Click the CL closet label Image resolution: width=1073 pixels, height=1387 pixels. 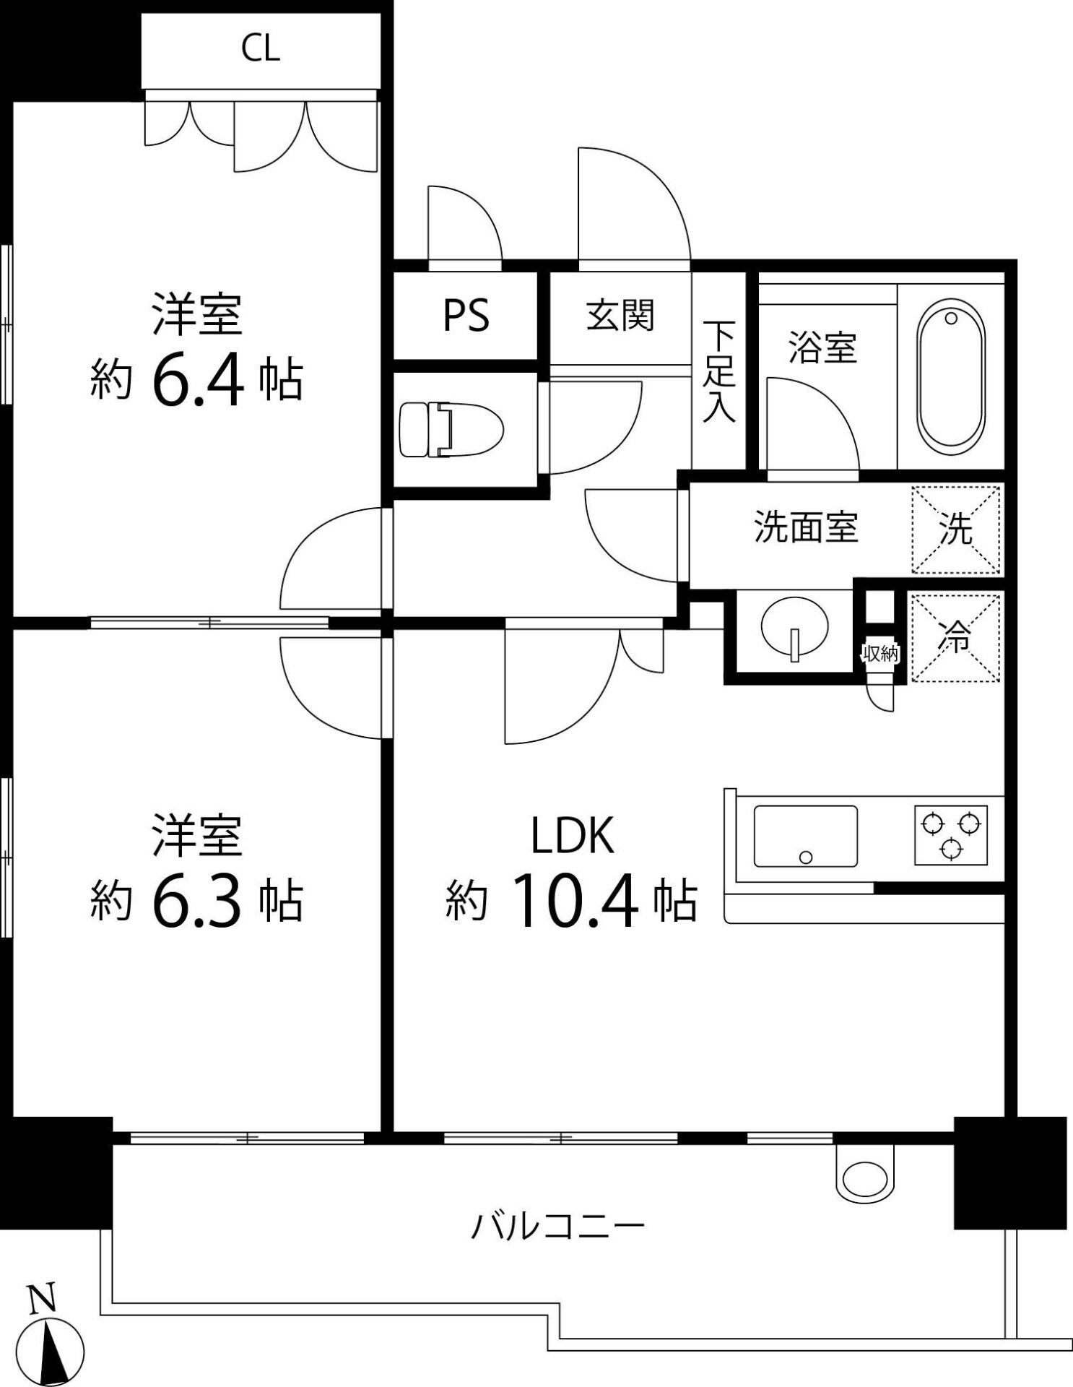(x=260, y=49)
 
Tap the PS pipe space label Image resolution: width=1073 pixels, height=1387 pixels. (x=466, y=316)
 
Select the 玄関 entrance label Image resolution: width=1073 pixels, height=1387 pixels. (x=620, y=316)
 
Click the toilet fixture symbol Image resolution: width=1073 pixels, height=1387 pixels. (x=451, y=430)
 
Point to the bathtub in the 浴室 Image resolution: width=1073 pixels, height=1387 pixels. (x=950, y=376)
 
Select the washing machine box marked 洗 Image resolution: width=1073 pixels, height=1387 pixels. (x=956, y=530)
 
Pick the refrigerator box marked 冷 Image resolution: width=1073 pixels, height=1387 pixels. (x=955, y=636)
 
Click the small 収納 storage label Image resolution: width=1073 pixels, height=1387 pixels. (x=880, y=654)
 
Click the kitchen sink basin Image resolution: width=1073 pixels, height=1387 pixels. (x=805, y=837)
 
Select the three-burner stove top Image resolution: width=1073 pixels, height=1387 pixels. (x=951, y=835)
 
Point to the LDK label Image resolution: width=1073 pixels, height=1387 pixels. (x=573, y=835)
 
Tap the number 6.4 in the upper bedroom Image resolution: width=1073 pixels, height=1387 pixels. (x=197, y=381)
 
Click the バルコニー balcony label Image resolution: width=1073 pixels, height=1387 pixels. (x=557, y=1226)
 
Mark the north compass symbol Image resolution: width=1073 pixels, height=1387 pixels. (x=50, y=1349)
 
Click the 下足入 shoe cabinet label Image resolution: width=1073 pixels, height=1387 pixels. (x=719, y=372)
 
